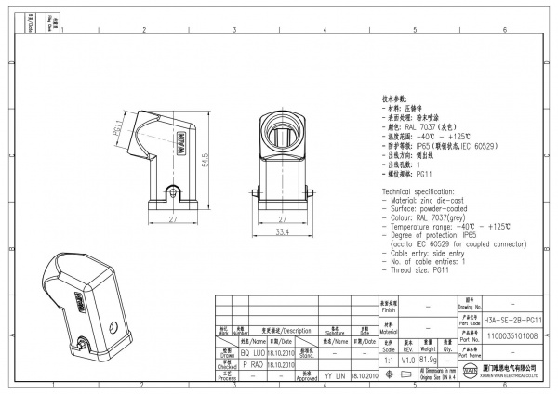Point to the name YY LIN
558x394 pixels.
332,376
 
